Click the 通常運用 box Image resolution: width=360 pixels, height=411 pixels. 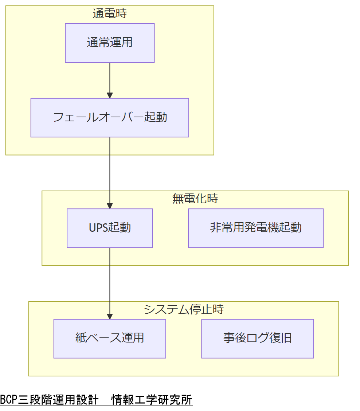coord(110,43)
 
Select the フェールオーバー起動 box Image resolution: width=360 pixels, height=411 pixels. coord(110,117)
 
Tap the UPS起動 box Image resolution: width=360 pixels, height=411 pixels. coord(110,228)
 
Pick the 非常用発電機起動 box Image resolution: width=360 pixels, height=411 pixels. coord(256,228)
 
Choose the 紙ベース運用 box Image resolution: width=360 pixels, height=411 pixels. coord(110,338)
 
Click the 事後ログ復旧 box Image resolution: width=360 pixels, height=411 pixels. coord(258,338)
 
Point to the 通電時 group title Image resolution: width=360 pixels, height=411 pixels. coord(110,14)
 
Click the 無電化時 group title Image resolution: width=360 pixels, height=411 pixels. coord(195,199)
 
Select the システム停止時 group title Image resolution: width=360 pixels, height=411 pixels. coord(184,309)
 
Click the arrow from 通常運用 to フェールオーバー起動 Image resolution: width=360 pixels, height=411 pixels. coord(110,78)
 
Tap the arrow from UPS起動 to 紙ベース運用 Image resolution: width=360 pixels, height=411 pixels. coord(110,281)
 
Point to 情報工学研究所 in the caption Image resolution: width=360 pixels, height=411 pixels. coord(152,400)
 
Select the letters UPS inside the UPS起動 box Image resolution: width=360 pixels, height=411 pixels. coord(98,228)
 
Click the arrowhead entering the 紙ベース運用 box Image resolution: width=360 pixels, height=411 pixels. coord(110,316)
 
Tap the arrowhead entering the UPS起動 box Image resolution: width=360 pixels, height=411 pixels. coord(110,206)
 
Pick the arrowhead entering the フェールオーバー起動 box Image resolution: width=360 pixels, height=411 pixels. coord(110,95)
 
